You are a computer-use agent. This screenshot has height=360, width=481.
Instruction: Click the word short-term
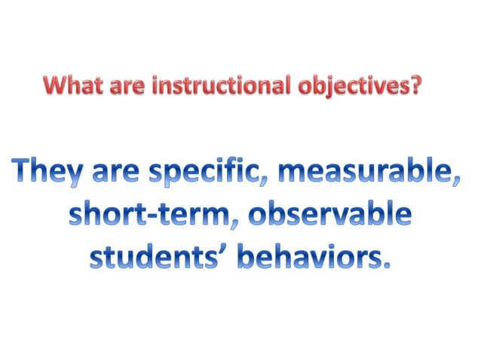click(x=149, y=216)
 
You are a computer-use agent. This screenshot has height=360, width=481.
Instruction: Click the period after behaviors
click(x=388, y=265)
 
